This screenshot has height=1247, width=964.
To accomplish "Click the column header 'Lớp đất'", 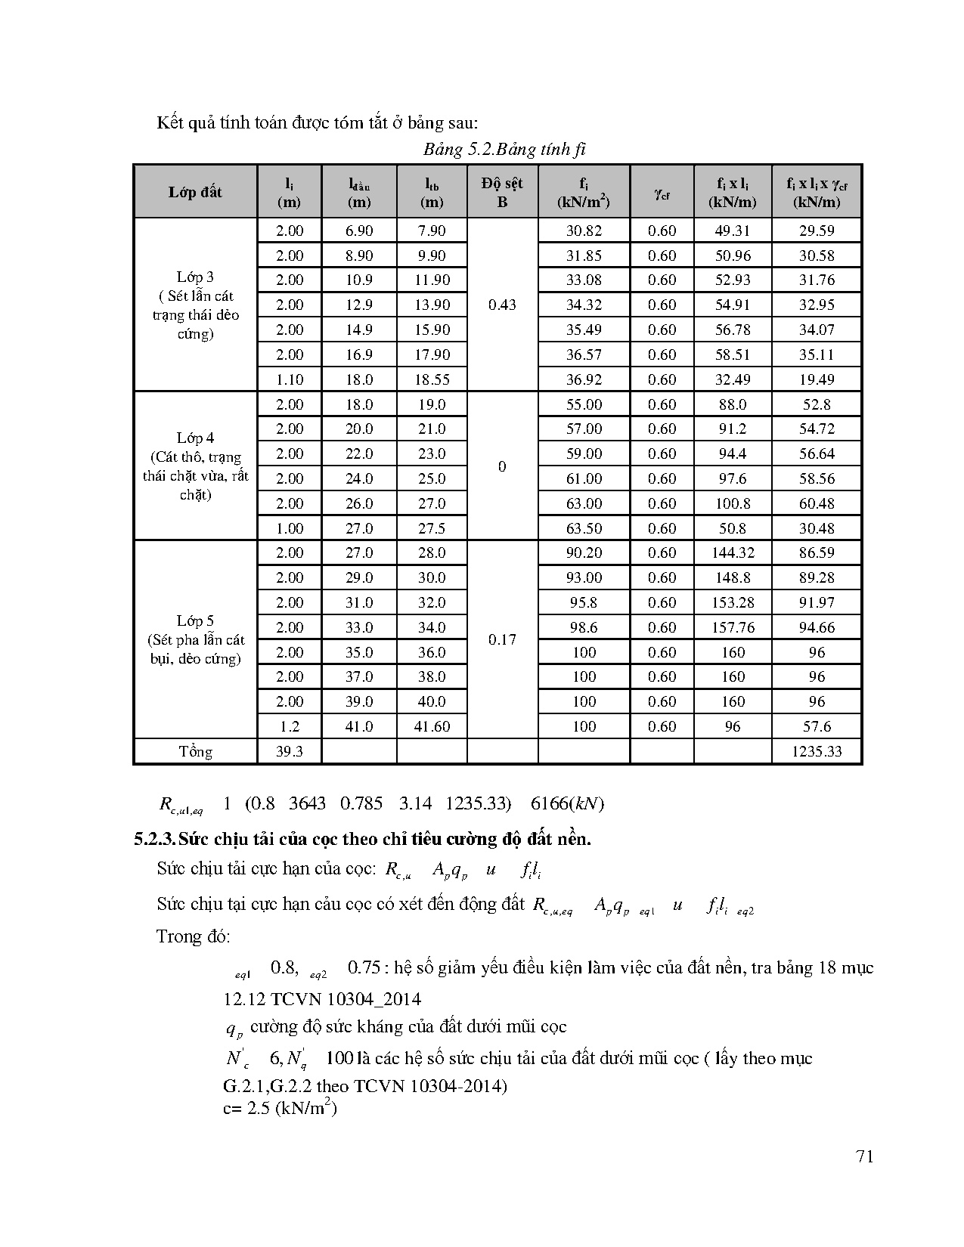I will tap(195, 192).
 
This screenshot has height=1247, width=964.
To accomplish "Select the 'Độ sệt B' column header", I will tap(502, 192).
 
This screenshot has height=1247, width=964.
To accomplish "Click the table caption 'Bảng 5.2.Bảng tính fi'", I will tap(504, 149).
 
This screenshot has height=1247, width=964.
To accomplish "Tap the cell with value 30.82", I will tap(584, 231).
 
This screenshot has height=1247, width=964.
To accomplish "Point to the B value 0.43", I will tap(502, 305).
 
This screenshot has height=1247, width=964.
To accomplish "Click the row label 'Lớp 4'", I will tap(195, 438).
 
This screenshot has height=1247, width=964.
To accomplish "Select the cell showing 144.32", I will tap(733, 552).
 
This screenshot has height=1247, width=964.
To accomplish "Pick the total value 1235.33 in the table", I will tap(817, 751).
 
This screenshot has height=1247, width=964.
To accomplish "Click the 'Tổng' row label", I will tap(195, 751).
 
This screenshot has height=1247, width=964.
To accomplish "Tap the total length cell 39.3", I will tap(289, 751).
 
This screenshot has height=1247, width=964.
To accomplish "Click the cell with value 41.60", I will tap(431, 726).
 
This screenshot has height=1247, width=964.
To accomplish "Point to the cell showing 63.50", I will tap(584, 528).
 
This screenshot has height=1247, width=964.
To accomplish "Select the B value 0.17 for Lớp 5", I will tap(502, 639).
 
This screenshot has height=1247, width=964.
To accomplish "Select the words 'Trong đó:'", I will tap(194, 936).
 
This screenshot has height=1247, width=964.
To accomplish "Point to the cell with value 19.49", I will tap(817, 379).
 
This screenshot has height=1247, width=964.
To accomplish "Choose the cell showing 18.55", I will tap(431, 379).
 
